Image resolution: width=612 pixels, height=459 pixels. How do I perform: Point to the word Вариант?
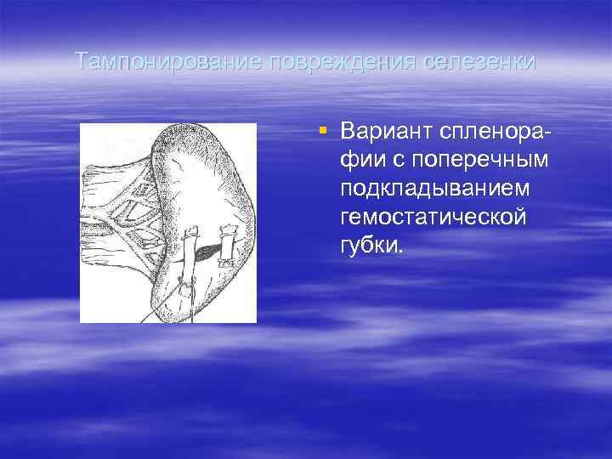(x=384, y=133)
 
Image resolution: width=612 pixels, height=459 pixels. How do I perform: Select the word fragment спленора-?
(x=494, y=133)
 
